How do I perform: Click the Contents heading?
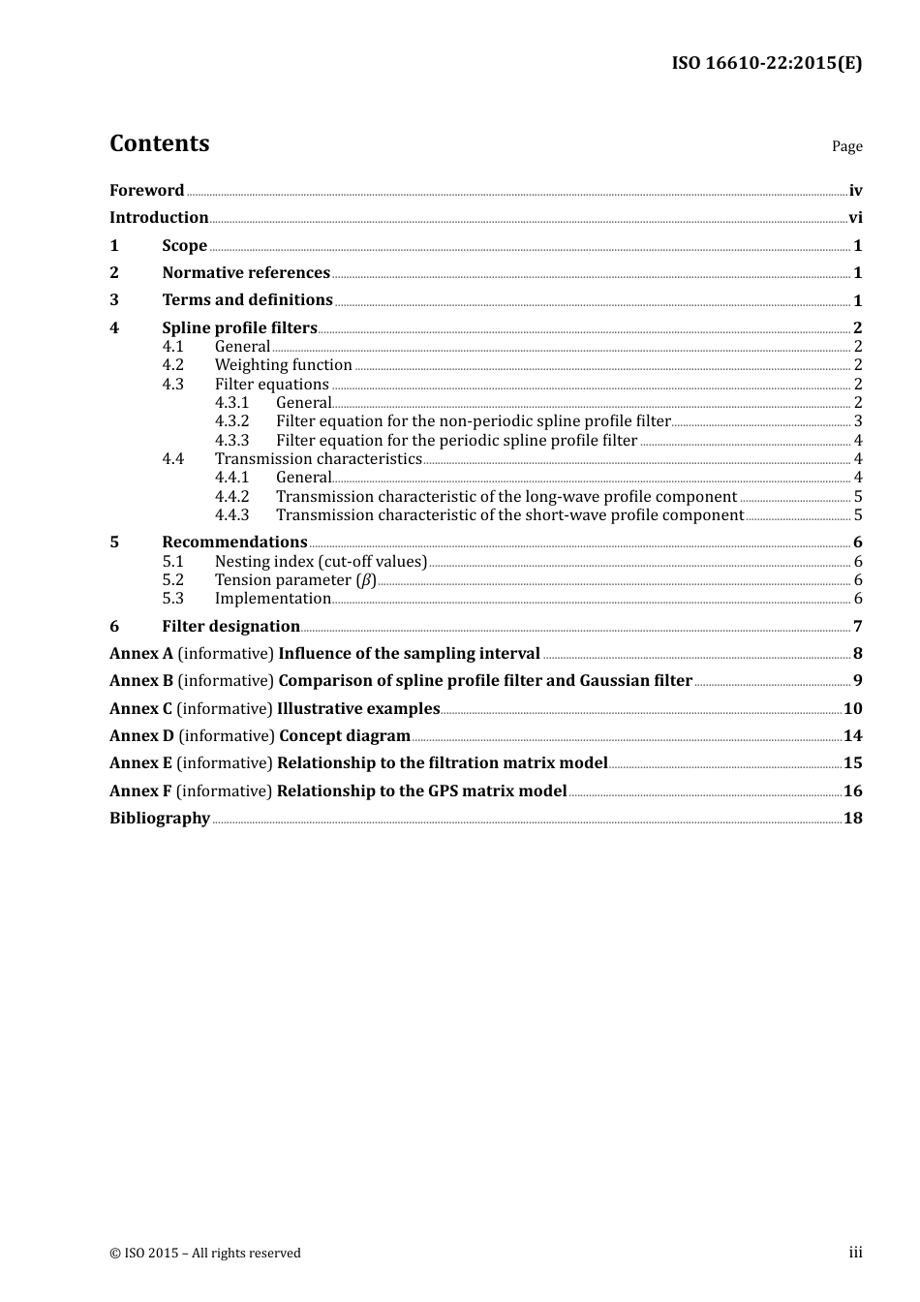[x=159, y=143]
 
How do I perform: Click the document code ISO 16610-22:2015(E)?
[x=766, y=63]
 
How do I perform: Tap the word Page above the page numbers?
[x=846, y=146]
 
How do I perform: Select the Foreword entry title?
[x=146, y=191]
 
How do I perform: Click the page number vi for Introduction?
[x=855, y=218]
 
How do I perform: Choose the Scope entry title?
[x=184, y=246]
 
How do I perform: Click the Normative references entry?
[x=246, y=273]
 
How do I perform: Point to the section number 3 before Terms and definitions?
[x=114, y=300]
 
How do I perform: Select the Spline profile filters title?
[x=239, y=327]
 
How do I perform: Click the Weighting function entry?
[x=283, y=365]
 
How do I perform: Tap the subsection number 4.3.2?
[x=231, y=421]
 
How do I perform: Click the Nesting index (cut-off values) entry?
[x=321, y=562]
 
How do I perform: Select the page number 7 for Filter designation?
[x=857, y=627]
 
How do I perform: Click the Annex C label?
[x=140, y=709]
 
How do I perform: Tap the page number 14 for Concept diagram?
[x=852, y=736]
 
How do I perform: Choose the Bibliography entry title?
[x=160, y=819]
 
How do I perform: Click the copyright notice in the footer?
[x=205, y=1254]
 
